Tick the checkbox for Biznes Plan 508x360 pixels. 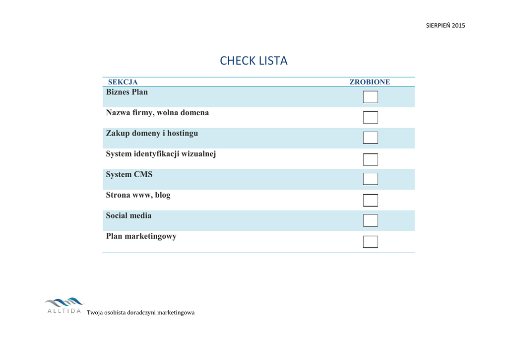click(x=370, y=97)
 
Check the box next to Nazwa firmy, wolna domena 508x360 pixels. click(x=370, y=118)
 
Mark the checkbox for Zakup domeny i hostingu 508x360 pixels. click(x=370, y=138)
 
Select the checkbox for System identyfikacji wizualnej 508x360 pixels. click(x=370, y=159)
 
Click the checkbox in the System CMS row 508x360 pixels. click(x=370, y=179)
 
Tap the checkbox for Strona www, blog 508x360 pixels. click(x=370, y=200)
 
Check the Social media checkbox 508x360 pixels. click(x=370, y=220)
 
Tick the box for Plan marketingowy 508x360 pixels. click(x=370, y=242)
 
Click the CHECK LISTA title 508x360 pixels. click(x=254, y=61)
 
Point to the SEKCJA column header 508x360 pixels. click(x=123, y=82)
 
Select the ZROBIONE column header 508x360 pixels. click(x=370, y=82)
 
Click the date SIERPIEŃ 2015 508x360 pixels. click(x=445, y=26)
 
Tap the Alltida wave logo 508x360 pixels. click(x=64, y=302)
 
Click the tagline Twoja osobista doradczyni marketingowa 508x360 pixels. click(x=141, y=313)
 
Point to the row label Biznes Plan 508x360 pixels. click(x=127, y=92)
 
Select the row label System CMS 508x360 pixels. click(x=129, y=175)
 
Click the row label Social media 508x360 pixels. click(x=128, y=216)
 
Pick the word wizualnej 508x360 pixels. click(x=198, y=154)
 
